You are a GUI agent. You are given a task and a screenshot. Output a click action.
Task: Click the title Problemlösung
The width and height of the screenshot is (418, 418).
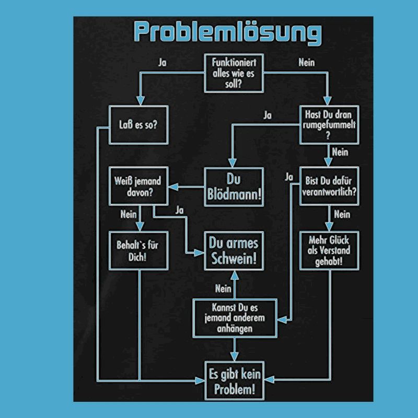click(227, 32)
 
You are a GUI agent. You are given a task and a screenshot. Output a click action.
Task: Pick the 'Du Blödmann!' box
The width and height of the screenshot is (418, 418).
click(234, 187)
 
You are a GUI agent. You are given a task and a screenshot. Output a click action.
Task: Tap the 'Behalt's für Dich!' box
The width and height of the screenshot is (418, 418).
click(138, 250)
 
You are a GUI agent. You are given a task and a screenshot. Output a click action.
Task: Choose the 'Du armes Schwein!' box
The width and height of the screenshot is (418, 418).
click(234, 250)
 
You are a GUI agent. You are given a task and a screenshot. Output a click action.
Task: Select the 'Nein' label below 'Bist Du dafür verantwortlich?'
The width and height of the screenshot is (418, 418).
click(341, 214)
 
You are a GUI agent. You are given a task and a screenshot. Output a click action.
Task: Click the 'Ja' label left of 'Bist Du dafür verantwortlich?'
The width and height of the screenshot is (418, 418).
click(289, 177)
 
